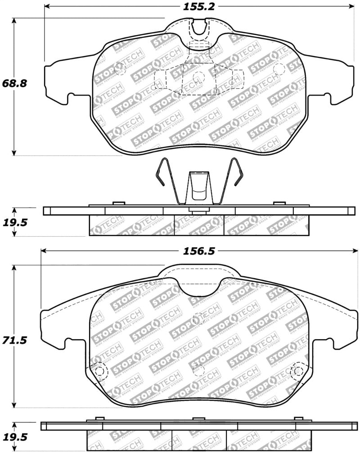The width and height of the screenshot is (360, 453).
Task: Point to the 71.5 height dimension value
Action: tap(14, 341)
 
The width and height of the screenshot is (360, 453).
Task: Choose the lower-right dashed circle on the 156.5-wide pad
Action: tap(297, 371)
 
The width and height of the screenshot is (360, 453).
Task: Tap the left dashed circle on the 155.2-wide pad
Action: tap(120, 69)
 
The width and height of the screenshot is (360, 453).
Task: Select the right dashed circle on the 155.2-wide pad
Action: tap(279, 69)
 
